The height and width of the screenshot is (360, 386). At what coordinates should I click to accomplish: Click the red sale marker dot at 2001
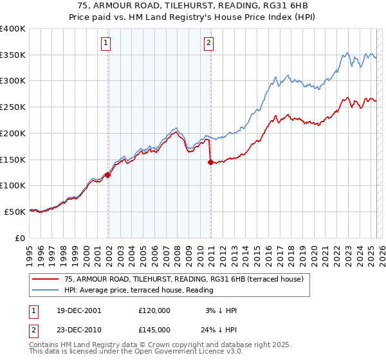108,175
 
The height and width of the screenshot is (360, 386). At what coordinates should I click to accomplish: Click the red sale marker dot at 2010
210,162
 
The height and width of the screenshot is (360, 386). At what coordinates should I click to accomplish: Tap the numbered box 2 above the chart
209,44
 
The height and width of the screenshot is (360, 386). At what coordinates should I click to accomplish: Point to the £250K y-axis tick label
13,107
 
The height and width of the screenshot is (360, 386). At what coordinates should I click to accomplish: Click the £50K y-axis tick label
15,211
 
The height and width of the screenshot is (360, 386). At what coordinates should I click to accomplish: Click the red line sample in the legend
46,279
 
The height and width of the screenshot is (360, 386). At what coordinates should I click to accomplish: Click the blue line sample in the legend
46,290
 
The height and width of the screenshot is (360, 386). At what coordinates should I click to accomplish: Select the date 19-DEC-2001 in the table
78,310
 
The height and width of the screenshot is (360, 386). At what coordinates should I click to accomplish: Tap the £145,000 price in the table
154,330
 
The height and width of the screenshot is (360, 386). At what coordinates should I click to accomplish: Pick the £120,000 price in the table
154,310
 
